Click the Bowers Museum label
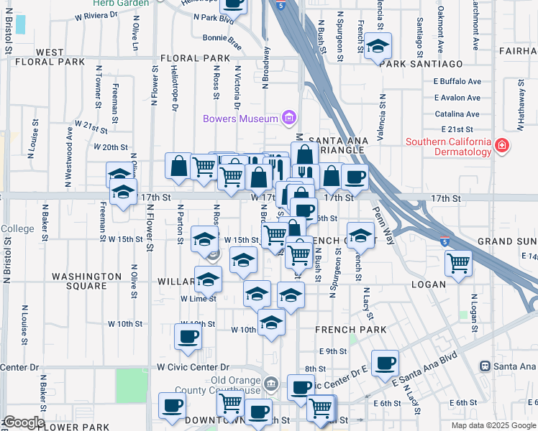(x=240, y=119)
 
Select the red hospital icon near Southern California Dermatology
(x=502, y=147)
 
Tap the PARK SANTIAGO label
(x=421, y=63)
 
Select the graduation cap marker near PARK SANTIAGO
(x=378, y=47)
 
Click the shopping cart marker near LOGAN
(x=458, y=263)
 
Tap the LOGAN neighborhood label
(x=429, y=284)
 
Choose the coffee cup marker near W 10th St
(x=188, y=336)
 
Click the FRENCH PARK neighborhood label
(x=350, y=329)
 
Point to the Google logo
(x=23, y=422)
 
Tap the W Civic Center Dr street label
(x=193, y=367)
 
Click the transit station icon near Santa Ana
(x=486, y=366)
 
